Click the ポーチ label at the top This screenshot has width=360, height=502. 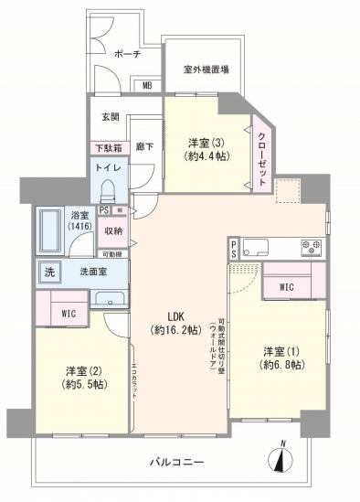127,55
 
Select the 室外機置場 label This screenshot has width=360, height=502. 206,68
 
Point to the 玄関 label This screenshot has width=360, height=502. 111,115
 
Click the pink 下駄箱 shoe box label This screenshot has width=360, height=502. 108,147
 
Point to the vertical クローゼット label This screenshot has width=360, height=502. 262,155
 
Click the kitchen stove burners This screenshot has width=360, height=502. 312,246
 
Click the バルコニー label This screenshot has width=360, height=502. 176,463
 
